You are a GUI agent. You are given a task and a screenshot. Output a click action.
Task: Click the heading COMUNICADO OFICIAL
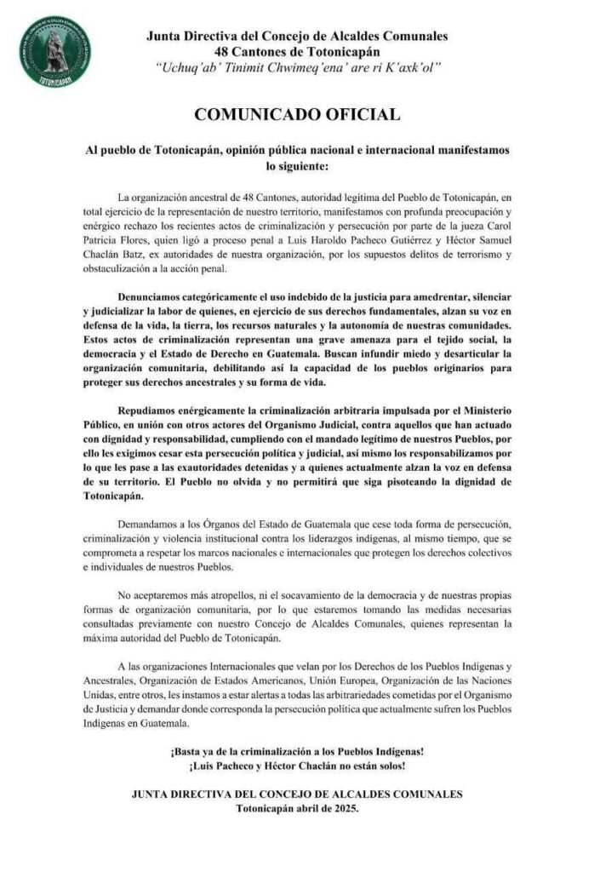pos(297,113)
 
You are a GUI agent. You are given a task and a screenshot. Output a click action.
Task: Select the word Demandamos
pos(150,519)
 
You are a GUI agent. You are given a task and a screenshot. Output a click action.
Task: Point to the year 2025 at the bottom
pos(343,809)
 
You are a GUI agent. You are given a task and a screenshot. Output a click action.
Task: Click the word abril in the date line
pos(291,809)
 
